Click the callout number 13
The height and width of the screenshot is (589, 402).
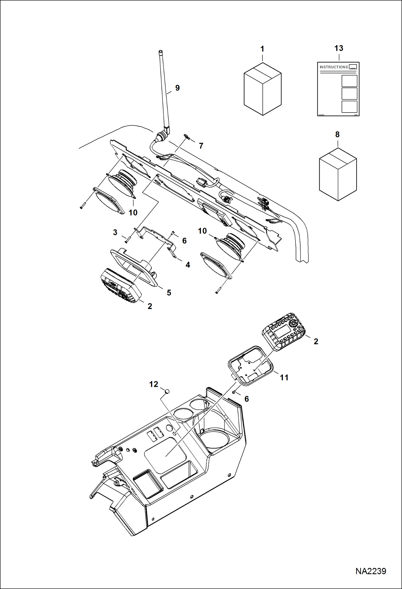point(339,48)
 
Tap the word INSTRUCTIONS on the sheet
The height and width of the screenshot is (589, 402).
point(334,67)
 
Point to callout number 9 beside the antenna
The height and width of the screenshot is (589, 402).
point(177,88)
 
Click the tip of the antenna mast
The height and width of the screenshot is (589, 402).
point(160,51)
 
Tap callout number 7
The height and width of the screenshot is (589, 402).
point(201,146)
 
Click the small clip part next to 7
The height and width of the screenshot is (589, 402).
point(187,137)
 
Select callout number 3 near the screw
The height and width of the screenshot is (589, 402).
point(115,232)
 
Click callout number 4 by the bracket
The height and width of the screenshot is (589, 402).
point(188,265)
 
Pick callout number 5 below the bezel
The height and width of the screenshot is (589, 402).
point(169,292)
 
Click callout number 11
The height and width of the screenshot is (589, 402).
point(284,377)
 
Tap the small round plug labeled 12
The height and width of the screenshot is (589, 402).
point(167,391)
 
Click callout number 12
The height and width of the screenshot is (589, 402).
point(154,384)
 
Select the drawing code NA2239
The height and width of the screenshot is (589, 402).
point(371,571)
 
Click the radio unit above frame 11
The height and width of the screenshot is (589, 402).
point(283,332)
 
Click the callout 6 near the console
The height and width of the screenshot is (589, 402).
point(246,399)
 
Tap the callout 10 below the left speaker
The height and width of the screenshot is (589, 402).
point(133,213)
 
